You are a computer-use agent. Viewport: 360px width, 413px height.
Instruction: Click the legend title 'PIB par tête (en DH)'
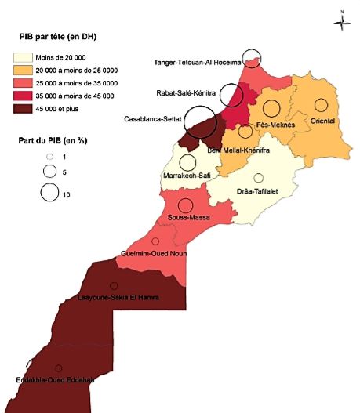coord(64,37)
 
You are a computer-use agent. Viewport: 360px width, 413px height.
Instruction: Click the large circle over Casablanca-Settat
coord(199,122)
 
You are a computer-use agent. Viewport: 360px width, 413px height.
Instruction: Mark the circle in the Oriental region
coord(321,104)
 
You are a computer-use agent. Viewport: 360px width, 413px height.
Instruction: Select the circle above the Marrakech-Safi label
coord(187,162)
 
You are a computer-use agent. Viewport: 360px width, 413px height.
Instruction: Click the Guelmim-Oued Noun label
coord(153,253)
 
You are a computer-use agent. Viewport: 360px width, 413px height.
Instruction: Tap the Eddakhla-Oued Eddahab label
coord(55,380)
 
